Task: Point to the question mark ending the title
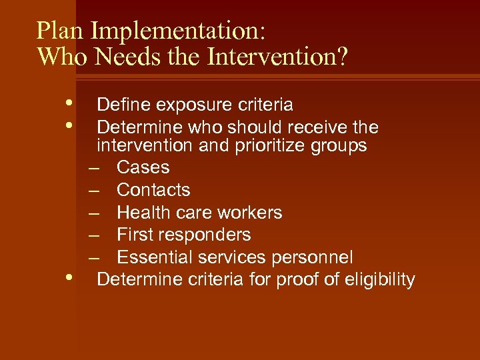(x=341, y=57)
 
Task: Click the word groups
(x=340, y=145)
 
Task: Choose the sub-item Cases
(x=143, y=167)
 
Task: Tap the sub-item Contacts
(x=153, y=190)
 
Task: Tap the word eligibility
(x=378, y=280)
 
